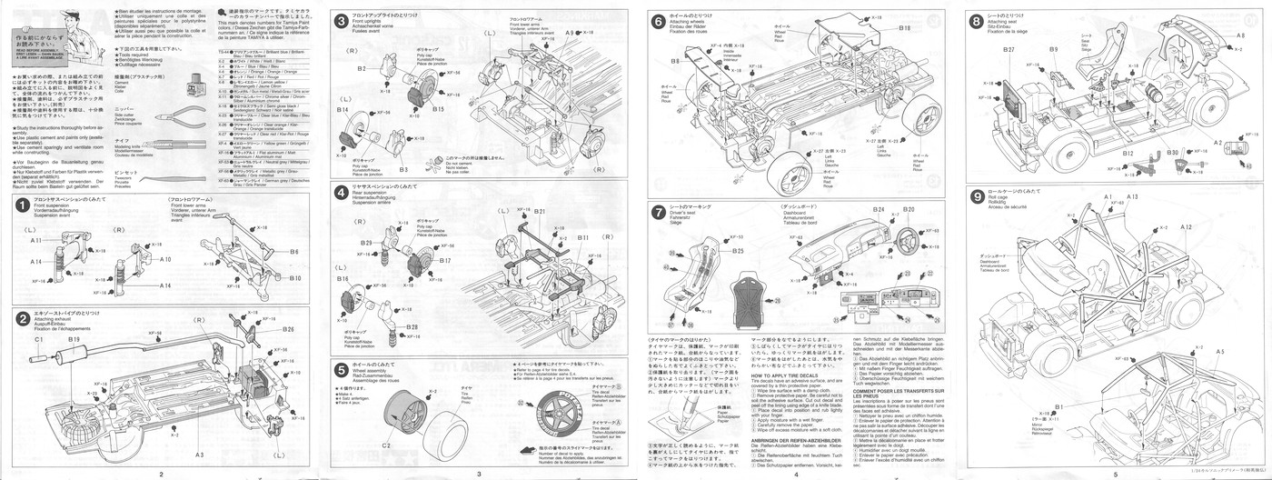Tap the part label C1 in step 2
point(38,339)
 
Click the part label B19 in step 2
point(74,339)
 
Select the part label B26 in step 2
point(288,329)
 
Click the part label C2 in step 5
point(385,445)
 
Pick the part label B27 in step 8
point(1009,49)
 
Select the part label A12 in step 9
point(1186,225)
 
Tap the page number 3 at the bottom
point(479,474)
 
